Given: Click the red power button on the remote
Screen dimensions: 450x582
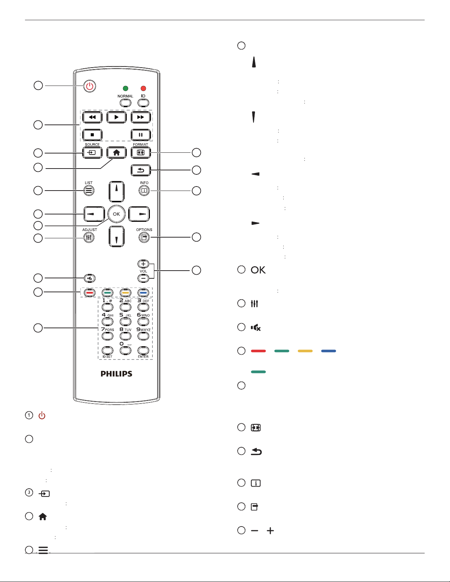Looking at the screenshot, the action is [90, 86].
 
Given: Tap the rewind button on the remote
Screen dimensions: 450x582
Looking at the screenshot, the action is [92, 117].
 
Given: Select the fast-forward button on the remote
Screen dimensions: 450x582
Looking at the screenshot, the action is [141, 117].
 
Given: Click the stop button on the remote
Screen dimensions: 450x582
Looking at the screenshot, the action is [92, 135].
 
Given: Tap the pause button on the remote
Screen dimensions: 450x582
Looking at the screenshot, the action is [141, 135].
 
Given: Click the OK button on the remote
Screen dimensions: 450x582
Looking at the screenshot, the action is [116, 214].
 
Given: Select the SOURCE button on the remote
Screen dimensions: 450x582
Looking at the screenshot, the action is [92, 153].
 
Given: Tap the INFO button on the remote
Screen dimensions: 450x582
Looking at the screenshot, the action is [144, 191].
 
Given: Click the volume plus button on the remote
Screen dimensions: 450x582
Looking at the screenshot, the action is [143, 264].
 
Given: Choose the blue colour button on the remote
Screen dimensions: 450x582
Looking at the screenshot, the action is [143, 293].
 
